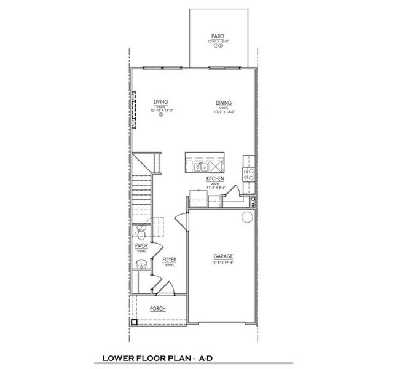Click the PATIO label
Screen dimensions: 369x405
[x=216, y=36]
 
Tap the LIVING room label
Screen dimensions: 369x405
[x=161, y=103]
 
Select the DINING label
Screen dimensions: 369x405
[x=223, y=103]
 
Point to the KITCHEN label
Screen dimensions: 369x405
[x=215, y=178]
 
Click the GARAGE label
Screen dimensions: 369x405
[x=223, y=257]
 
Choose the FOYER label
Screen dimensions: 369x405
[x=170, y=260]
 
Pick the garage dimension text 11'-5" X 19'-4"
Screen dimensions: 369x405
[x=223, y=263]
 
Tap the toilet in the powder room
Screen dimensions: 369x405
[x=141, y=233]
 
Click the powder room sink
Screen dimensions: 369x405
[x=141, y=264]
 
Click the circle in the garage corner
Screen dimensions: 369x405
[x=246, y=217]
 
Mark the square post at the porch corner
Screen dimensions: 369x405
[x=133, y=322]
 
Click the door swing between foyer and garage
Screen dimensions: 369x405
[x=179, y=220]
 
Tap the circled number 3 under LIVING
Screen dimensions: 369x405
[x=161, y=114]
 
